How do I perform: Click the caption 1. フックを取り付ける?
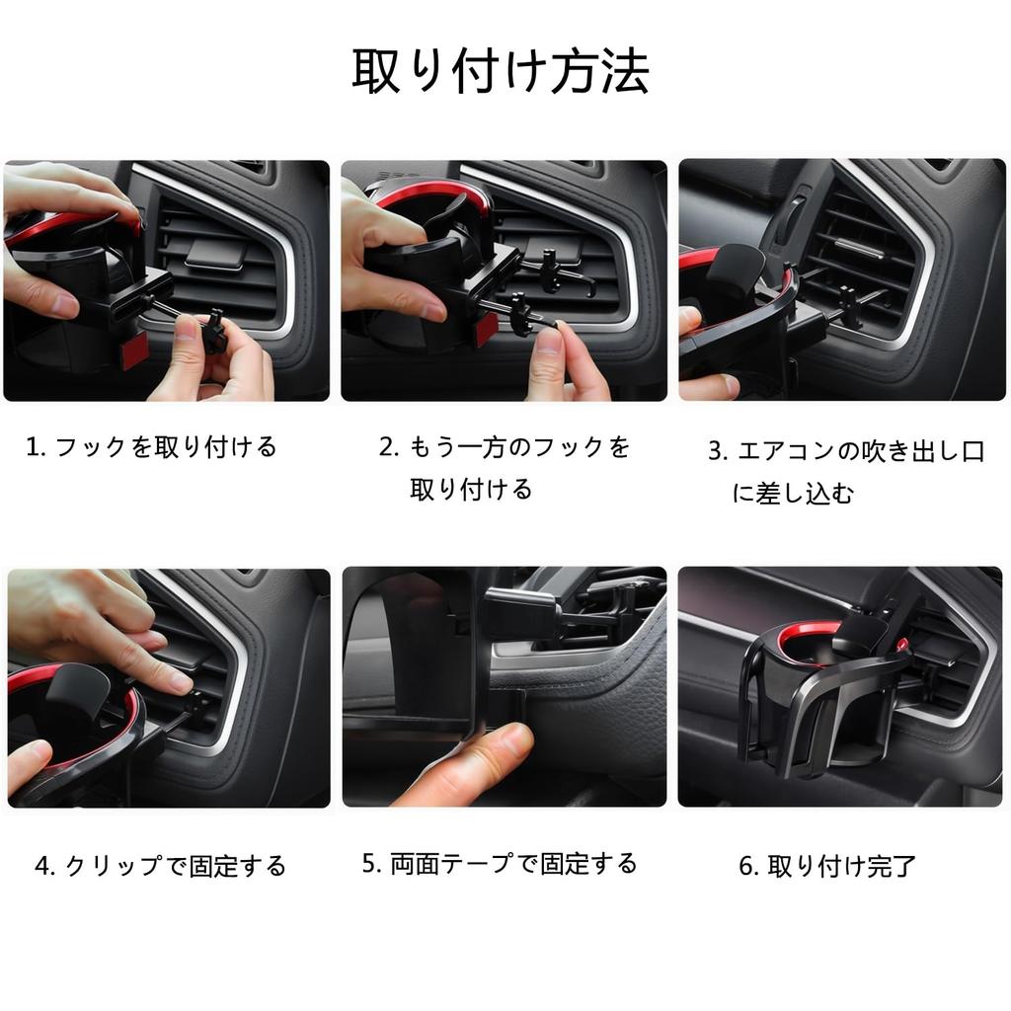click(x=151, y=447)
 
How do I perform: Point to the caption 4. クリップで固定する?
click(x=161, y=867)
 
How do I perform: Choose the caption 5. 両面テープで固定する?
click(x=500, y=864)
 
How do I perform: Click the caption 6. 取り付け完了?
click(x=827, y=867)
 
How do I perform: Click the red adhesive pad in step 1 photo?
click(x=134, y=350)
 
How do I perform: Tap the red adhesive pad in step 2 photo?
click(x=486, y=330)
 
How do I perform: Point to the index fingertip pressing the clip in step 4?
click(x=178, y=682)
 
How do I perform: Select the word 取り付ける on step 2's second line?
click(x=471, y=490)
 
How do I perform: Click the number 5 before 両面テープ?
click(x=370, y=864)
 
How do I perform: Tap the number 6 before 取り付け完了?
click(x=747, y=867)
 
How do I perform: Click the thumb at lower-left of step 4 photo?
click(x=28, y=762)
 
